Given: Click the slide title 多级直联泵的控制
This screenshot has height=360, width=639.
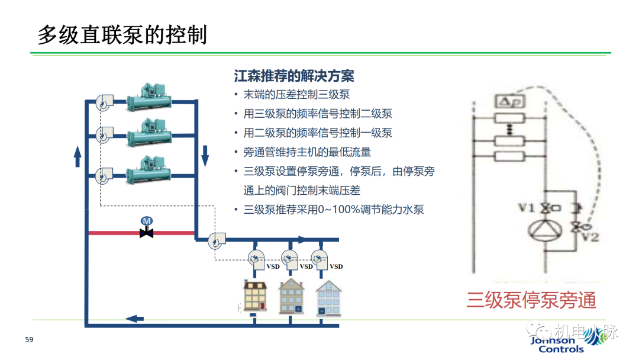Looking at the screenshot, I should coord(122,35).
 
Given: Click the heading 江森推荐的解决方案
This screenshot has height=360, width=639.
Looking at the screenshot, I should coord(294,76).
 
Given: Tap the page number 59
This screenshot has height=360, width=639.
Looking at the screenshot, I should coord(29,340).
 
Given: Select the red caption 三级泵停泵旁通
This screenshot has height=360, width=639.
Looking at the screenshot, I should coord(531,300).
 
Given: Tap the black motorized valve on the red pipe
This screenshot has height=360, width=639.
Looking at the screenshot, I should coord(146,233).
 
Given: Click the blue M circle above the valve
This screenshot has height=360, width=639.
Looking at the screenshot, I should coord(146,220).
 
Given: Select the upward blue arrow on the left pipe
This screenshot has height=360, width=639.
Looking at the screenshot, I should coord(78,157).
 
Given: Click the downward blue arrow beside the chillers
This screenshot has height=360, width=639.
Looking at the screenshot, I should coord(205,155).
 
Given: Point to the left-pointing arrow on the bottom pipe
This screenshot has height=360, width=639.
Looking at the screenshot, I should coord(135,319).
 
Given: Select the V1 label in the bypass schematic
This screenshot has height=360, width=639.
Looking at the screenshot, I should coord(527,208).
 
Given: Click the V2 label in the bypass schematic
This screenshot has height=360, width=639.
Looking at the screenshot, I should coord(592,237).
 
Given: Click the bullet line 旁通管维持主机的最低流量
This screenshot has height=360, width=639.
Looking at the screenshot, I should coord(307,152).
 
